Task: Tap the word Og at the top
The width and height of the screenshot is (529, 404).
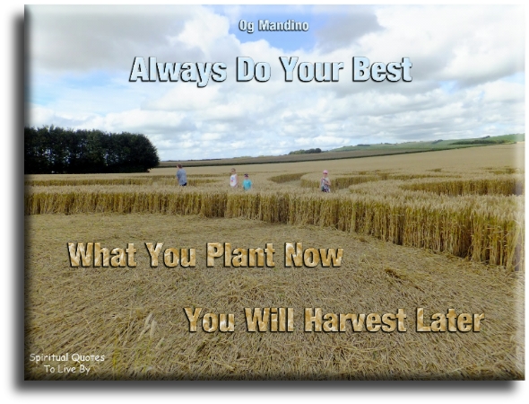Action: point(247,26)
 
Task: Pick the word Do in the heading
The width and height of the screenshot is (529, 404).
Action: point(253,70)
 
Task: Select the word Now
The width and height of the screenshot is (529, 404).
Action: point(313,255)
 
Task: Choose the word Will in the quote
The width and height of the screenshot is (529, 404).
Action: point(269,320)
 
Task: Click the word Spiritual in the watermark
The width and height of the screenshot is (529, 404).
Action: point(50,357)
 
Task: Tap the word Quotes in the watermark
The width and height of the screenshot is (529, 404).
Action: point(89,357)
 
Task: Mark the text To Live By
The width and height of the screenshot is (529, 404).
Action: point(67,369)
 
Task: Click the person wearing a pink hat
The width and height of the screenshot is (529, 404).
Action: point(325,181)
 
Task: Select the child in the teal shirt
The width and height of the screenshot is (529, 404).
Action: point(247,182)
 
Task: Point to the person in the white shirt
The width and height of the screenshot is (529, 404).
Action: point(233,178)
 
